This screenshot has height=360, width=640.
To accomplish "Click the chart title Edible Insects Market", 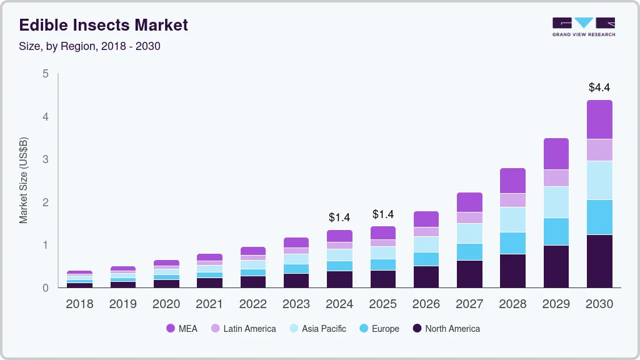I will (x=103, y=25).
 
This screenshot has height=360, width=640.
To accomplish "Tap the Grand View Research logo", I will (x=583, y=27).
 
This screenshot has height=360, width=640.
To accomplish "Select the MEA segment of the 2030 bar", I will (x=599, y=119).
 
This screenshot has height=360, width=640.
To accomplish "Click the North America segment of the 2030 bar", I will (x=599, y=261).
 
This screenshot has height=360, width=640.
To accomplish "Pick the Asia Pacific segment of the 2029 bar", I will (x=556, y=202).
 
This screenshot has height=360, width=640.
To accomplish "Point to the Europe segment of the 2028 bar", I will (x=512, y=242).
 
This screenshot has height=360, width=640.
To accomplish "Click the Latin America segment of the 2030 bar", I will (x=599, y=150).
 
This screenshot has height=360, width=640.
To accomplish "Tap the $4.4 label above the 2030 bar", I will (x=599, y=87).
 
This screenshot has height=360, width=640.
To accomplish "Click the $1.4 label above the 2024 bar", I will (x=339, y=217).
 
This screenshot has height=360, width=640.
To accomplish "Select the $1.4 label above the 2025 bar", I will (x=383, y=214).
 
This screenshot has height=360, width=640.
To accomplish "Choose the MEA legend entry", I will (x=182, y=328).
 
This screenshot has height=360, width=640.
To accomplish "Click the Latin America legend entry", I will (x=243, y=328).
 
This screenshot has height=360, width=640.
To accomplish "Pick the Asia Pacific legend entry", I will (x=317, y=328).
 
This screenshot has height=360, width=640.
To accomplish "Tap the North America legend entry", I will (x=446, y=328).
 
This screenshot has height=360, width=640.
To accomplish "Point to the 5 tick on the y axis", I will (x=45, y=74).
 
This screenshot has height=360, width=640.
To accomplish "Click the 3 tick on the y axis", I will (x=45, y=159).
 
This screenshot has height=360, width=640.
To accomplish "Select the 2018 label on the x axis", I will (x=79, y=304).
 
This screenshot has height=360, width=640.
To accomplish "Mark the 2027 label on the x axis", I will (x=469, y=304).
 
